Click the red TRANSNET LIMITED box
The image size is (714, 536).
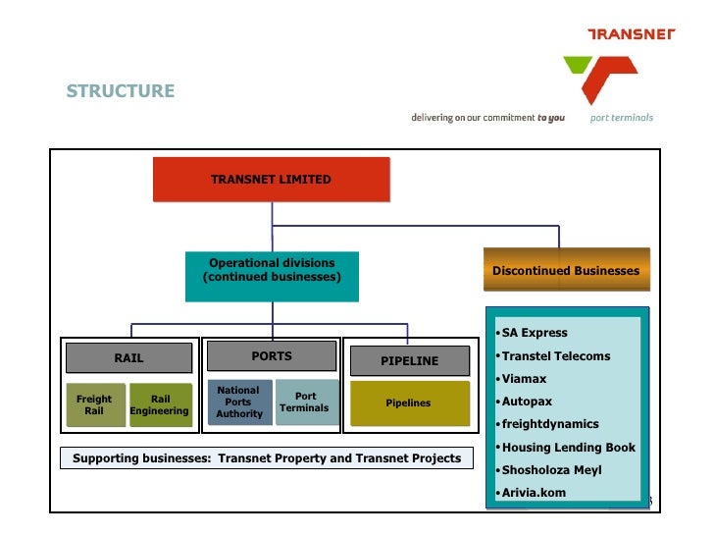point(271,180)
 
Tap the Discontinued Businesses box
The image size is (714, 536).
point(565,271)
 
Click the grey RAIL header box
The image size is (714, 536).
point(128,358)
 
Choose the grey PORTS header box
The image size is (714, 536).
point(272,356)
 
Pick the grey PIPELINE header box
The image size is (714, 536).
point(409,360)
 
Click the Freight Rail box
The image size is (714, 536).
point(94,404)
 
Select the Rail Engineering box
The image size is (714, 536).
point(160,404)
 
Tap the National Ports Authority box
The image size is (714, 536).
point(238,402)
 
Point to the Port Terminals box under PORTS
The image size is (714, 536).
point(305,402)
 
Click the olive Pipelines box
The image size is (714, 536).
point(408,403)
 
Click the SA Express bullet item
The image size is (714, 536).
point(535,333)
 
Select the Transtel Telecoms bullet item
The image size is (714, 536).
point(555,356)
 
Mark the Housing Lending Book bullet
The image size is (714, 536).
point(568,448)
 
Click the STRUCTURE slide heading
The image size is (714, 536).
point(121,91)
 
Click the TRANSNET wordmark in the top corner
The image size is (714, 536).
point(631,34)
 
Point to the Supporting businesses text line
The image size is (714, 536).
point(266,458)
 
